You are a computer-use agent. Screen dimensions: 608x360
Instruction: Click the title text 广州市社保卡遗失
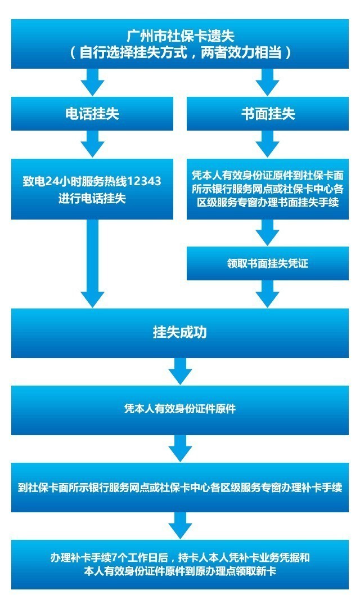click(x=180, y=37)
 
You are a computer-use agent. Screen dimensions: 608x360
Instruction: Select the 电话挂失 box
click(x=92, y=114)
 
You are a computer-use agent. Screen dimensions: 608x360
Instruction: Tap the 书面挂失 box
click(x=268, y=114)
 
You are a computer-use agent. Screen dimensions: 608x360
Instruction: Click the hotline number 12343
click(x=145, y=181)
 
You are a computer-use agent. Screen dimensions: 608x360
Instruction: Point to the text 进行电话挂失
click(x=92, y=198)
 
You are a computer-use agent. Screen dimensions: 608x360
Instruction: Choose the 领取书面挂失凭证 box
click(x=268, y=263)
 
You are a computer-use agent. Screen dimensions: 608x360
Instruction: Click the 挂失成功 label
click(x=180, y=332)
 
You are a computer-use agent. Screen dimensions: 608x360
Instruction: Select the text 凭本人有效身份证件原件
click(x=180, y=409)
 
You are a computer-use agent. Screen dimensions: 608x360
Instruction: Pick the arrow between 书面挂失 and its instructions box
click(x=268, y=145)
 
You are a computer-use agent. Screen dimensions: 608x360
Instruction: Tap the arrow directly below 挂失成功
click(x=180, y=372)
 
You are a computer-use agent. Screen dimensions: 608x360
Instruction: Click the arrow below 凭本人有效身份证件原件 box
click(x=180, y=449)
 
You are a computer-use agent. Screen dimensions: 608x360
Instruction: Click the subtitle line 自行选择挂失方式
click(x=180, y=53)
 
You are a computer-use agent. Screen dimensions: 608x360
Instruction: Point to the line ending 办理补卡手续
click(x=180, y=487)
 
